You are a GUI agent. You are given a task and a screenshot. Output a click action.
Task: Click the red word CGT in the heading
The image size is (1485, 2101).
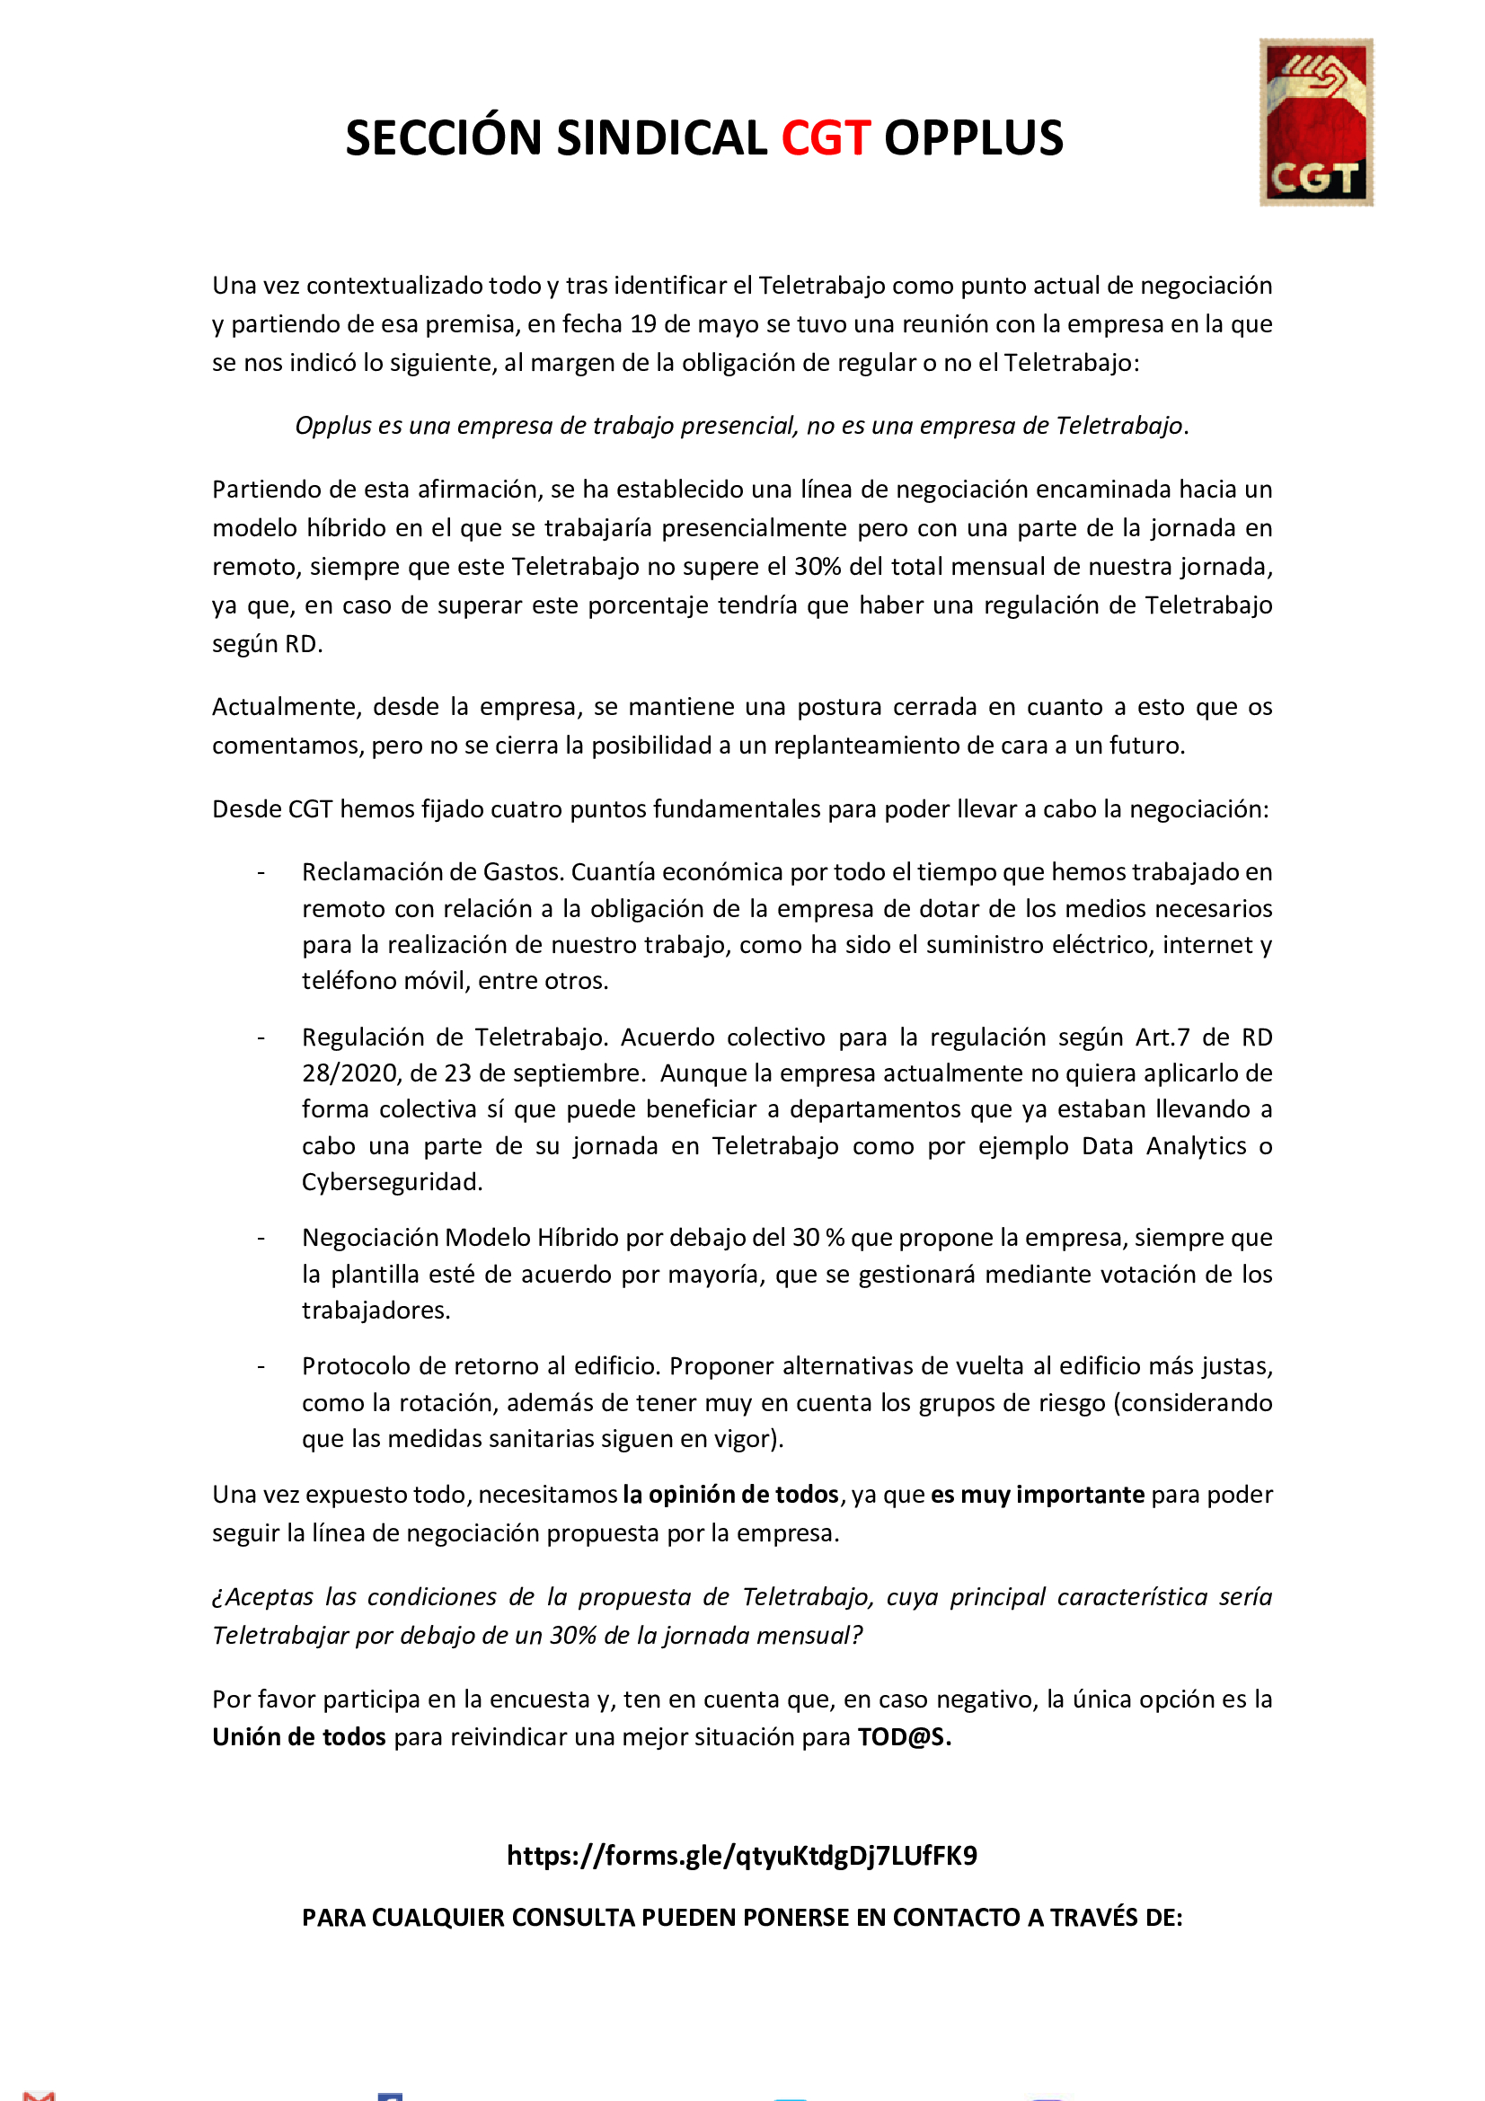[x=826, y=139]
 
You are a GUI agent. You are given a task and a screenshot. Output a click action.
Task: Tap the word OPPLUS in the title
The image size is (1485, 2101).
[x=973, y=139]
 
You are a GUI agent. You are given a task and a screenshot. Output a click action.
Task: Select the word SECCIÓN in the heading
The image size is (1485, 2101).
[x=444, y=139]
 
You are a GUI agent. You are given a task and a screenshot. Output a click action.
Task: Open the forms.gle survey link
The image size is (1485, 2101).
[x=742, y=1855]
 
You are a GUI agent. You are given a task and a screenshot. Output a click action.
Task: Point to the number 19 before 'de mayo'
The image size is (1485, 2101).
[x=643, y=325]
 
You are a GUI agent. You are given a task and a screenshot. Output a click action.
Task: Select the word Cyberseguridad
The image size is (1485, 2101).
[x=392, y=1182]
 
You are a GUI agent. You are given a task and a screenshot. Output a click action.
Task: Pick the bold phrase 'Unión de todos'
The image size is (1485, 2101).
[x=299, y=1737]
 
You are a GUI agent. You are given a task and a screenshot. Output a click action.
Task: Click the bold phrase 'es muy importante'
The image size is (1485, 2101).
[x=1038, y=1495]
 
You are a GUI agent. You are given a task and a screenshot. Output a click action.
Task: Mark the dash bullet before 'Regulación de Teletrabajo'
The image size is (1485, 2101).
[x=261, y=1037]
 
